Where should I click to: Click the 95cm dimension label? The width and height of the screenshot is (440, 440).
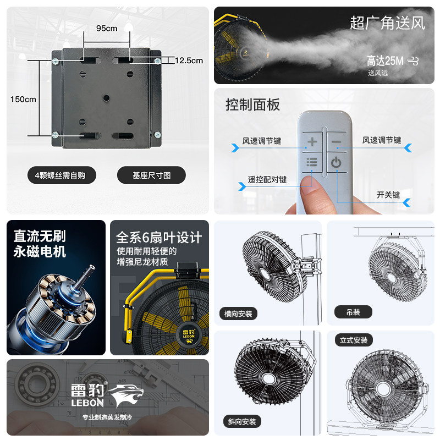[x=107, y=29]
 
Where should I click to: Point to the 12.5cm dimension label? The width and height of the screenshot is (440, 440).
[x=189, y=61]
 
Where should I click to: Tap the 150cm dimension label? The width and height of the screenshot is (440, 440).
[x=23, y=100]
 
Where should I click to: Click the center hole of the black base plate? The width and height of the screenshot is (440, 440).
[x=106, y=98]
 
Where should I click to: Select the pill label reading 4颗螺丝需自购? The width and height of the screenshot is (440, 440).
[x=62, y=175]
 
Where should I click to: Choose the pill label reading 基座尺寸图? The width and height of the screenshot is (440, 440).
[x=152, y=175]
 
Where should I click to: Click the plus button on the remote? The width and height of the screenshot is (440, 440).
[x=312, y=142]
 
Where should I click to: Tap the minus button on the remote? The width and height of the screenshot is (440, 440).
[x=336, y=142]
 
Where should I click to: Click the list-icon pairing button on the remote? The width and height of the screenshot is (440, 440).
[x=312, y=162]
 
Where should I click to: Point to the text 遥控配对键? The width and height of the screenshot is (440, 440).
[x=267, y=180]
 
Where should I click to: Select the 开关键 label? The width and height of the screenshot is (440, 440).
[x=388, y=195]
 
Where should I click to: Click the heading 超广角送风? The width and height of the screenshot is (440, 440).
[x=388, y=23]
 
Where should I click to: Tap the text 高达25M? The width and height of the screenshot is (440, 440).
[x=385, y=61]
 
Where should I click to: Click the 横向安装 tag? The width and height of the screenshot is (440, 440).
[x=238, y=313]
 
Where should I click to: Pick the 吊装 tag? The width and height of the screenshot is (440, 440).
[x=353, y=312]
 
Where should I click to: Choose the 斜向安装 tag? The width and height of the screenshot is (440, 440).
[x=242, y=421]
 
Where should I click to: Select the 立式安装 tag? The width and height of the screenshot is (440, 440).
[x=354, y=340]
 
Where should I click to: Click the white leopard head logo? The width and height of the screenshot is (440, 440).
[x=126, y=395]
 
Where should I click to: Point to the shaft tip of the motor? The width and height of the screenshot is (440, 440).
[x=91, y=267]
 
